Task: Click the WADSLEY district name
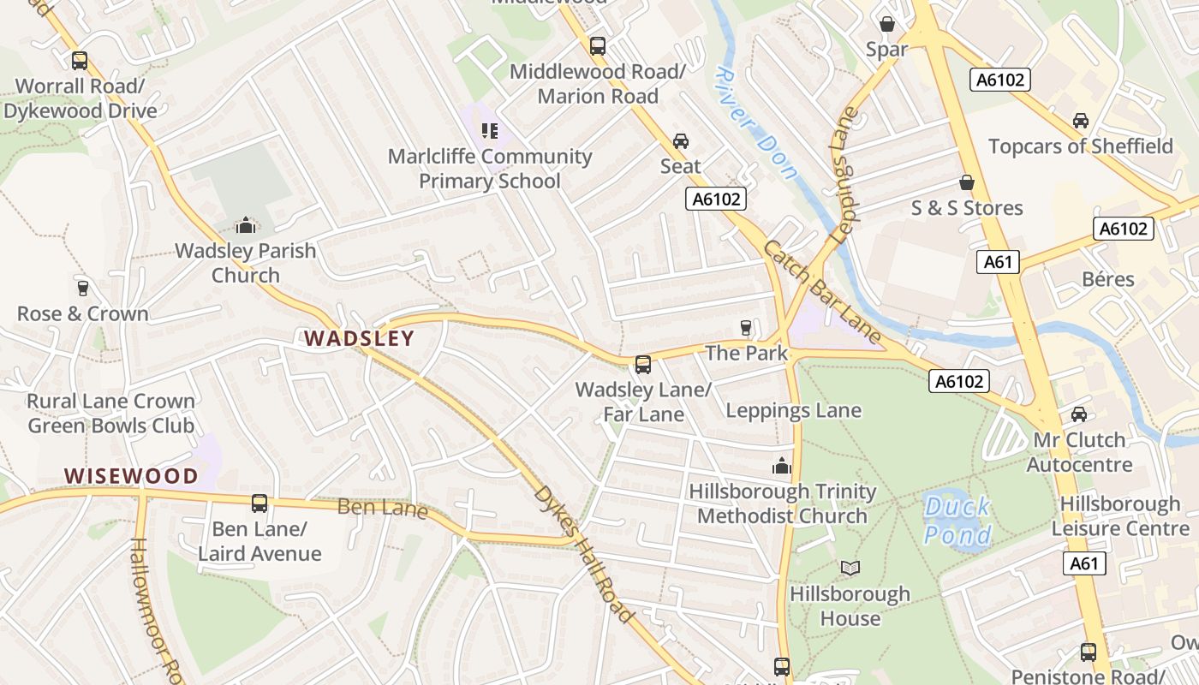tap(360, 338)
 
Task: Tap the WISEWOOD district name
tap(131, 476)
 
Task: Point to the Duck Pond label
tap(957, 521)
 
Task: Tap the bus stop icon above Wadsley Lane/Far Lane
tap(643, 365)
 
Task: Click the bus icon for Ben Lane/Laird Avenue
tap(259, 503)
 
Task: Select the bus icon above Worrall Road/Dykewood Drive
tap(80, 61)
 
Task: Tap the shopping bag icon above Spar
tap(887, 23)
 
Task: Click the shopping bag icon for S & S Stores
tap(967, 182)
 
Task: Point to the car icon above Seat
tap(681, 141)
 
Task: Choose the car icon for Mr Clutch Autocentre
tap(1079, 414)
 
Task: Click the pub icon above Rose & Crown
tap(82, 288)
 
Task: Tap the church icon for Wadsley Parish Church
tap(246, 225)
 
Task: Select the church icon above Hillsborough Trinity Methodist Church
tap(781, 466)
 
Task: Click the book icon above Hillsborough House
tap(850, 568)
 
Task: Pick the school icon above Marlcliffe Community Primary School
tap(490, 131)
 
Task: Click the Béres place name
tap(1108, 279)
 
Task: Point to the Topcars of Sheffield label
tap(1081, 146)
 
